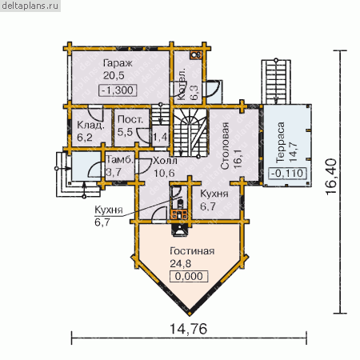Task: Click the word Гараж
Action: (118, 64)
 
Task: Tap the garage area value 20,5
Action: (114, 75)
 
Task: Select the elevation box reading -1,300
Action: (118, 90)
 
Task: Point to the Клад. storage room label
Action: (90, 125)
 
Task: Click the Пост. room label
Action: (130, 119)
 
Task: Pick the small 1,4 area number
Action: (160, 137)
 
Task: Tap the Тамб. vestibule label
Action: (120, 160)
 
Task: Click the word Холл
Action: (165, 161)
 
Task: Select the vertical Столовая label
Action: (225, 146)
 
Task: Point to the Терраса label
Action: (281, 142)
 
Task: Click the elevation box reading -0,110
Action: (287, 174)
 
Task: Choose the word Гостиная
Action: (192, 251)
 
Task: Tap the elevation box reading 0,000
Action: (189, 276)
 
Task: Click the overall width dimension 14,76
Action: (188, 329)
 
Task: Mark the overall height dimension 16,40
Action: (331, 177)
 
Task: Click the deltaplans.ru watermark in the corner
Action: (30, 6)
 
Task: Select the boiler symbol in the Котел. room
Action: (196, 55)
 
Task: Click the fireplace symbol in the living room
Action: (180, 230)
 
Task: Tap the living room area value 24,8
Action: (181, 263)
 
